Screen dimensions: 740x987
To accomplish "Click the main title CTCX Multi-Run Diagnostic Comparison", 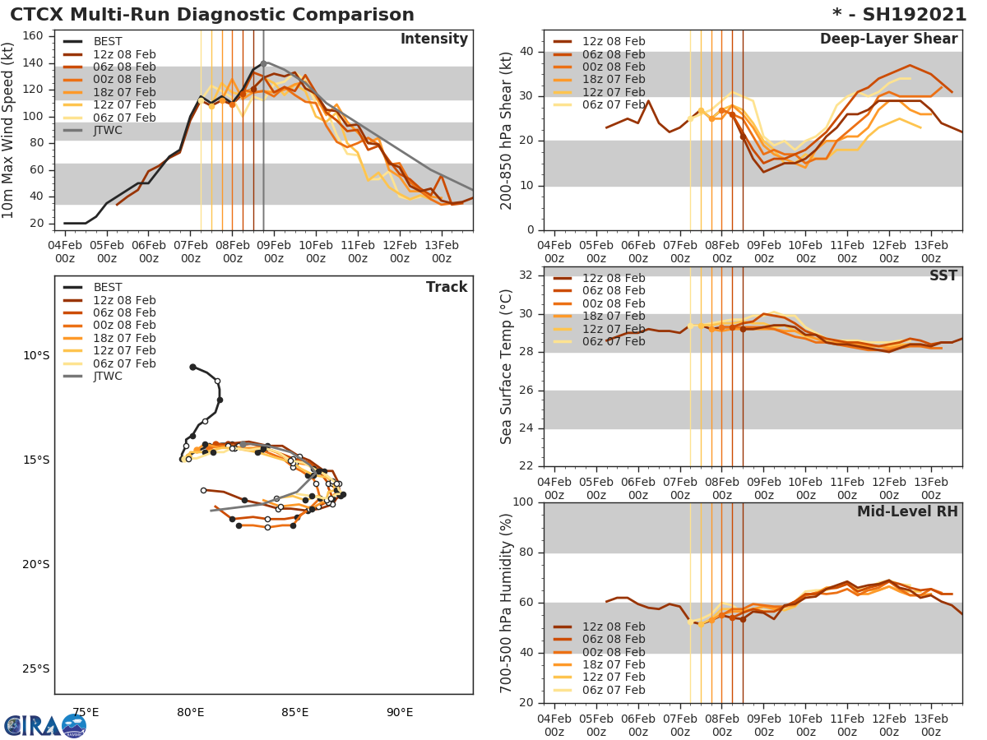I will coord(212,15).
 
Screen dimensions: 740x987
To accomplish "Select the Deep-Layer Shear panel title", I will coord(888,39).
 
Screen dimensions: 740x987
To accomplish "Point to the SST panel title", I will coord(943,276).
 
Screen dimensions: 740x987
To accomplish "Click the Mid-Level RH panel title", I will coord(907,512).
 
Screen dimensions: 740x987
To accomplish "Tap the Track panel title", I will coord(447,288).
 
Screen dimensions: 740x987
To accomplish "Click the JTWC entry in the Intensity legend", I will coord(108,131).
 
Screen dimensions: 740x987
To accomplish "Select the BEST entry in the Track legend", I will coord(108,288).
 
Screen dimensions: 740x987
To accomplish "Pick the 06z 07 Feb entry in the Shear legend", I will coord(614,105).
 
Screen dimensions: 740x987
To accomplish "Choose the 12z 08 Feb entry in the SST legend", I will coord(614,279).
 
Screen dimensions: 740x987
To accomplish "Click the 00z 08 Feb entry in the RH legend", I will coord(614,652).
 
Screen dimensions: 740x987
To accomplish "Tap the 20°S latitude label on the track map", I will coord(37,564).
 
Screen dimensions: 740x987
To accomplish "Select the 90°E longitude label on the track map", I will coord(400,712).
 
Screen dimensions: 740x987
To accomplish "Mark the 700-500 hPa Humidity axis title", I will coord(507,603).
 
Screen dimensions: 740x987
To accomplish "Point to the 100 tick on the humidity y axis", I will coord(522,502).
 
